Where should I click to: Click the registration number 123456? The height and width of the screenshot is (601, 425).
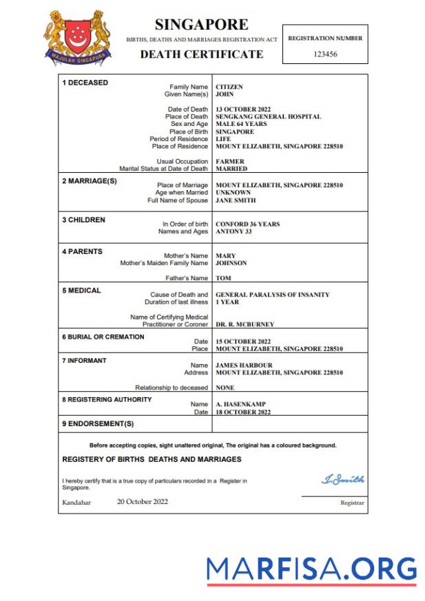pos(325,54)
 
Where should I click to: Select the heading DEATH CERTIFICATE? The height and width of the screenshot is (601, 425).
pos(201,54)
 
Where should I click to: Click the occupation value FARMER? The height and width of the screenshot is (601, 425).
pos(230,162)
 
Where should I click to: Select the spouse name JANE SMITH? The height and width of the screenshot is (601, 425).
pos(236,200)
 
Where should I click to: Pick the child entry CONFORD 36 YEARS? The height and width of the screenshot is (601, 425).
pos(247,224)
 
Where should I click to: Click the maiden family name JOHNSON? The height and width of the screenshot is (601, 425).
pos(231,263)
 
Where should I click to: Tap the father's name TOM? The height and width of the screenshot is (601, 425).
pos(222,278)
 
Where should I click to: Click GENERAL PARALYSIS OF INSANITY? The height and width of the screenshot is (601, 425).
pos(272,295)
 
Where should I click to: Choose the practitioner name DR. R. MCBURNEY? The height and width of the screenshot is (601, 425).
pos(245,324)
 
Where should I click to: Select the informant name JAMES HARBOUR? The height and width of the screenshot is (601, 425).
pos(244,366)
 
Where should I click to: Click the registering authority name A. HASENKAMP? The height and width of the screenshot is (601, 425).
pos(240,404)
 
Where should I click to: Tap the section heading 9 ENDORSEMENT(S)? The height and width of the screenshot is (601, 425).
pos(98,424)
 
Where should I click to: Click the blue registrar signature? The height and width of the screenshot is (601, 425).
pos(342,479)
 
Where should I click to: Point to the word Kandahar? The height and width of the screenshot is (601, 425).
pos(76,502)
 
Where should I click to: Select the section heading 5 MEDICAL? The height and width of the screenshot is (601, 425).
pos(81,291)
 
